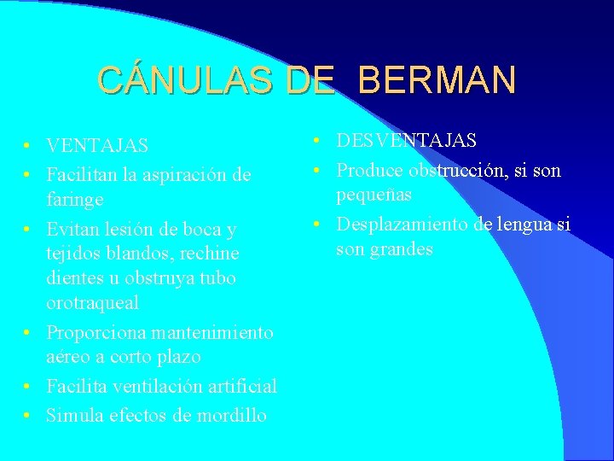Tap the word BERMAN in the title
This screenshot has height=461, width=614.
437,79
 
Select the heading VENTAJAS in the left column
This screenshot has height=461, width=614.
97,147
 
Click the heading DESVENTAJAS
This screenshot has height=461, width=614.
406,140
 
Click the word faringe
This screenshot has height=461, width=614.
75,200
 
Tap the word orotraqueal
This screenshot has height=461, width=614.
93,303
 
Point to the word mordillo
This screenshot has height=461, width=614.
229,416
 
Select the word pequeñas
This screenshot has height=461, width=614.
374,195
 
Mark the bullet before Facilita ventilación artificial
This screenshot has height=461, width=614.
28,387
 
